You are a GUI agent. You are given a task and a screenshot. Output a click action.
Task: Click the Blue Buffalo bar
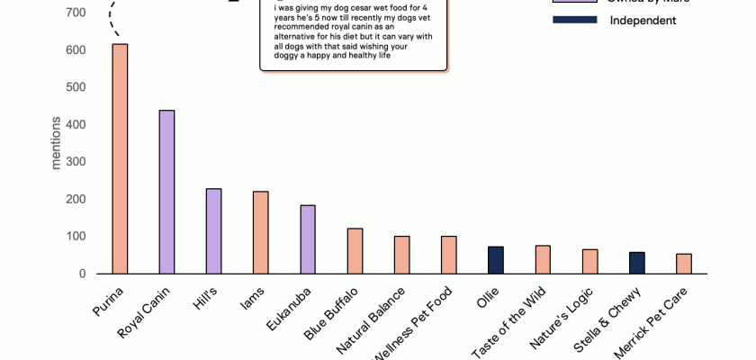(x=355, y=251)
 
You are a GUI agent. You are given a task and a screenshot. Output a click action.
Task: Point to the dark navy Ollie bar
(x=495, y=260)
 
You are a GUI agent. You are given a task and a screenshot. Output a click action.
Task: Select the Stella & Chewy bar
(x=636, y=263)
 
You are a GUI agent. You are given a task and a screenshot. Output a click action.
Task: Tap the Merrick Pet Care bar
(x=683, y=264)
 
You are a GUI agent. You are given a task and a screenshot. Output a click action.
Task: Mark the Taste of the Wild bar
(x=543, y=259)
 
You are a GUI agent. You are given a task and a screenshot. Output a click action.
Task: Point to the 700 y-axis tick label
(x=76, y=13)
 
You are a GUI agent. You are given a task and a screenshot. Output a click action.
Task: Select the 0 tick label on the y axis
(x=81, y=274)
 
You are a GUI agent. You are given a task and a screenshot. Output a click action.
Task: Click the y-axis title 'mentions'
(x=56, y=143)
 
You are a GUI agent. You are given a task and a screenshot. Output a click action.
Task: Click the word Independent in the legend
(x=643, y=20)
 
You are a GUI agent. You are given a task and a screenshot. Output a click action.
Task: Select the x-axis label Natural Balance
(x=370, y=320)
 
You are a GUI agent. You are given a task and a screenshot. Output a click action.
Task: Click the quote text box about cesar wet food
(x=354, y=34)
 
